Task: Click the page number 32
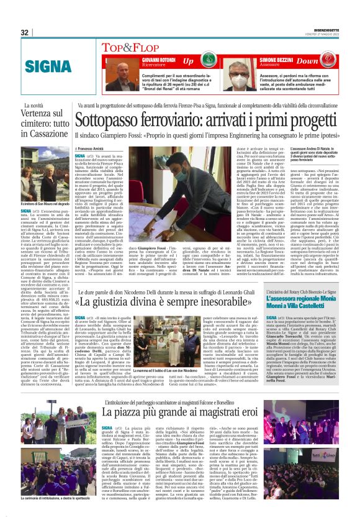click(25, 33)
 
